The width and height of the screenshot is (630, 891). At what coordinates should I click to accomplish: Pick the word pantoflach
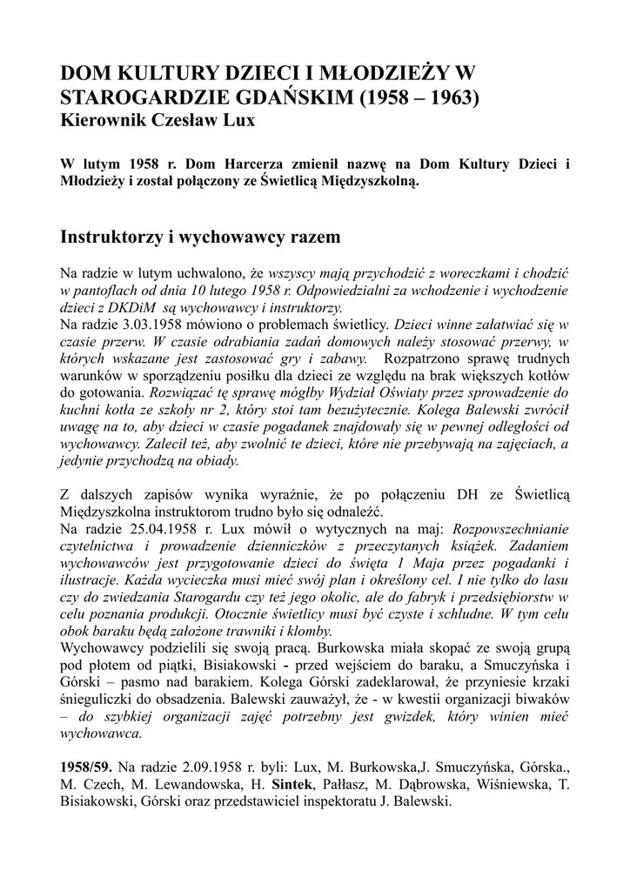(x=106, y=290)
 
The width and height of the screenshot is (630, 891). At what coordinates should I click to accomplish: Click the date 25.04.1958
(x=164, y=527)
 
